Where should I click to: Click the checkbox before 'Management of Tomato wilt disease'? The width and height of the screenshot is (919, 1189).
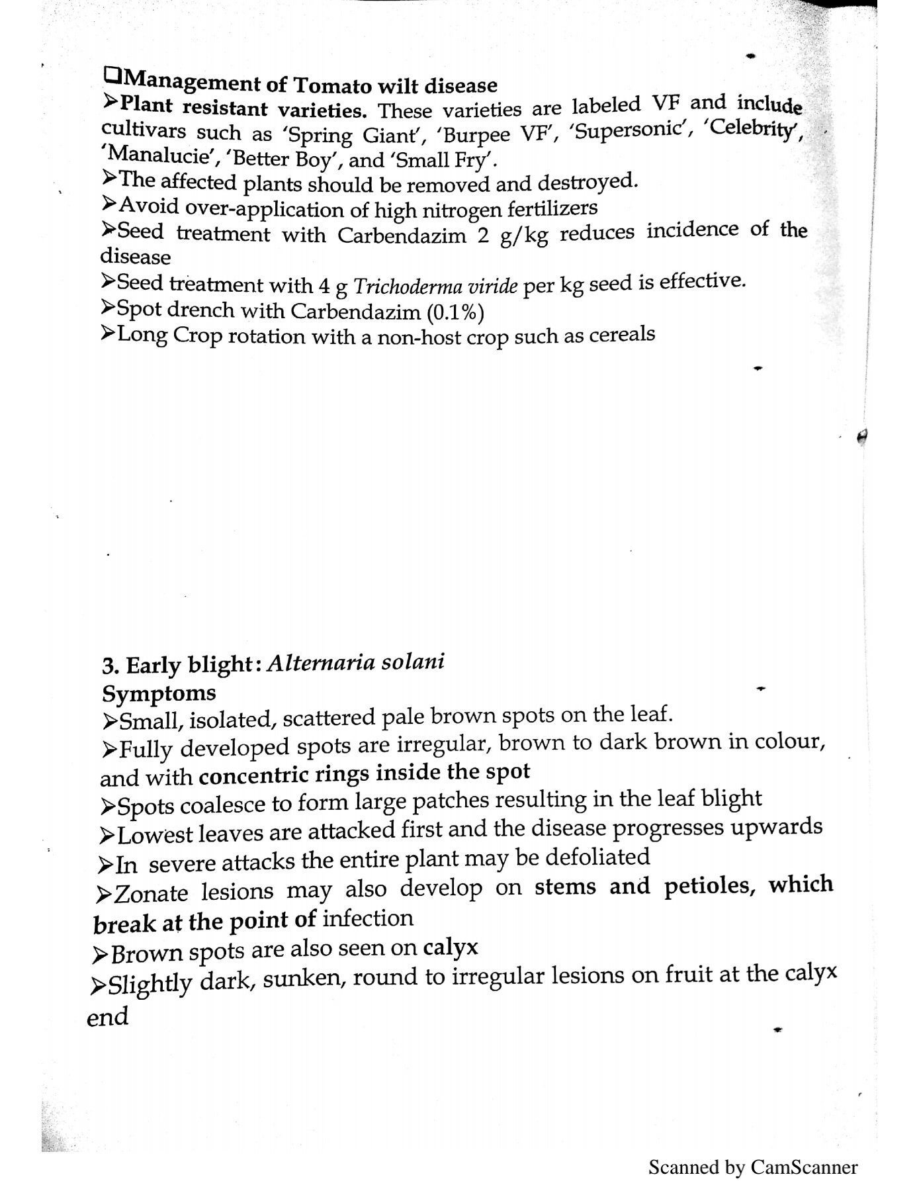(x=112, y=77)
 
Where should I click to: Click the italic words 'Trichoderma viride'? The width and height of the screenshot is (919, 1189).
(x=435, y=287)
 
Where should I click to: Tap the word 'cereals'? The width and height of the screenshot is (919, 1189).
(x=621, y=334)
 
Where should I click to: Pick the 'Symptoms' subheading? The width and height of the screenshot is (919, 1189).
(x=159, y=693)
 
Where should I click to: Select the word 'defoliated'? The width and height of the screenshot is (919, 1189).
(x=597, y=858)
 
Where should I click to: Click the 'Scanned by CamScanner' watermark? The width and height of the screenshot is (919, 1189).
(x=752, y=1167)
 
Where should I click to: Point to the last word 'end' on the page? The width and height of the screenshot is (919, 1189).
(x=107, y=1016)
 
